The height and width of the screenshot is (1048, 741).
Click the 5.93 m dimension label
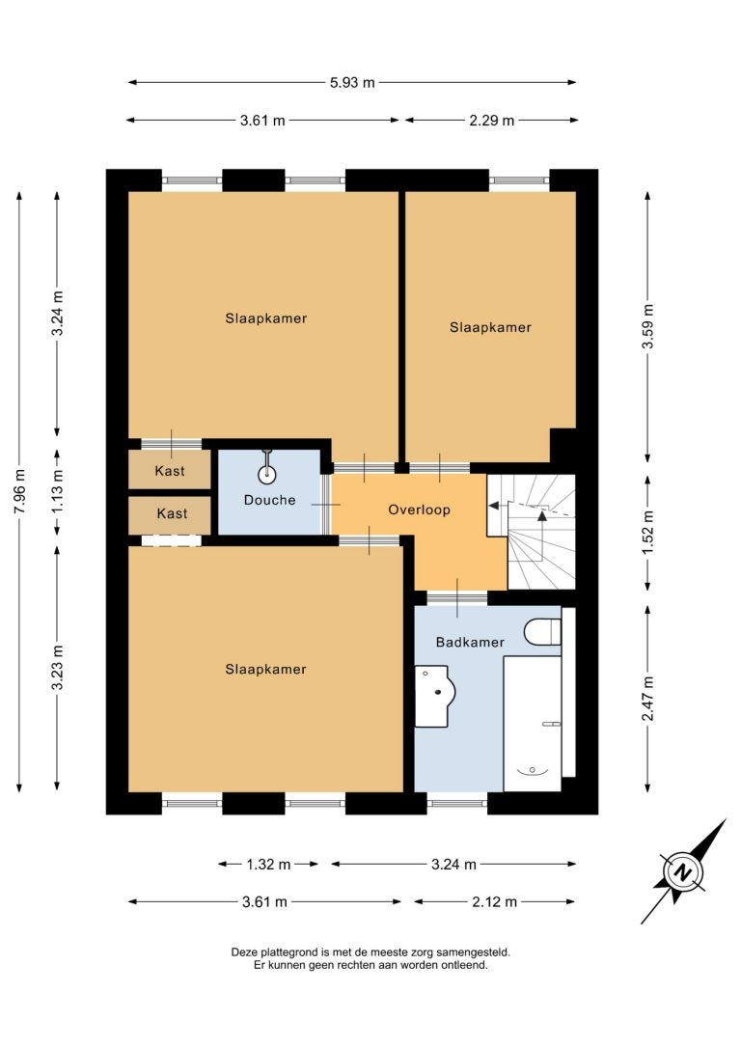(x=352, y=83)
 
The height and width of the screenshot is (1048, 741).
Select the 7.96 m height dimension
(x=20, y=492)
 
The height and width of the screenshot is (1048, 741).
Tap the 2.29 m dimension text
(x=492, y=121)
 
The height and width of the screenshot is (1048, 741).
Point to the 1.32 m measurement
(x=268, y=865)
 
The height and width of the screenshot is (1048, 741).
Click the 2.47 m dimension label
(x=647, y=699)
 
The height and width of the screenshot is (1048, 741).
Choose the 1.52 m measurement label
(x=647, y=533)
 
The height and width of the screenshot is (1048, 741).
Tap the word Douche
(x=269, y=500)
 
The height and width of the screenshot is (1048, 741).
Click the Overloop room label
(x=419, y=510)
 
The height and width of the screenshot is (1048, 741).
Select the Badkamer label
(x=470, y=643)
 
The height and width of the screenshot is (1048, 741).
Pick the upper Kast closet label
(x=170, y=471)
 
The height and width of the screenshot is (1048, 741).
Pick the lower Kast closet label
(x=172, y=513)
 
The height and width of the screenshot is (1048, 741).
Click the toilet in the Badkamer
(x=542, y=632)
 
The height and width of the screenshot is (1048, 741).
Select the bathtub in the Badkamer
(x=532, y=724)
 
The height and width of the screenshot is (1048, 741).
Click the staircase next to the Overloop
(x=532, y=532)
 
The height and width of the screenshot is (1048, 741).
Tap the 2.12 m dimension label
(x=494, y=902)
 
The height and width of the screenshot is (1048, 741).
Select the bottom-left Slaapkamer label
(x=266, y=670)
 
